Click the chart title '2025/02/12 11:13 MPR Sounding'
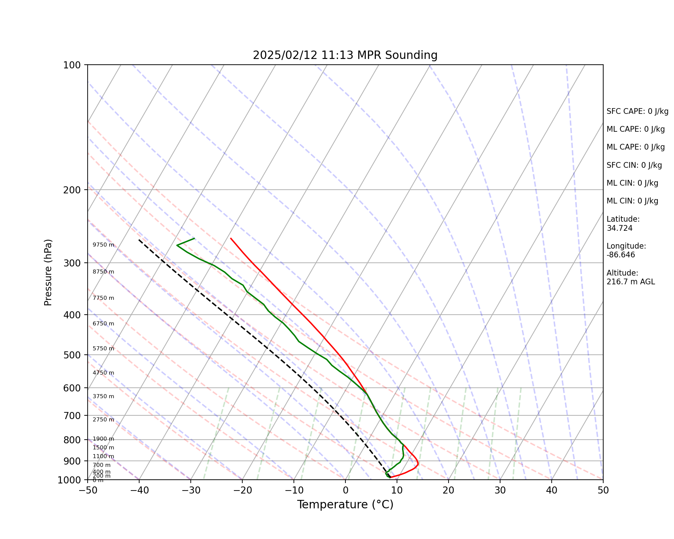click(345, 55)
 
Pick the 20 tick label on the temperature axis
click(448, 490)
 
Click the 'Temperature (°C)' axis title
click(345, 505)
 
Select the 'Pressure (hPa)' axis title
click(48, 272)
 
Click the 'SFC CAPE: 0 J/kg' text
click(637, 112)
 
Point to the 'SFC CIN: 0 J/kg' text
click(634, 165)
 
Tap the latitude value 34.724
click(619, 228)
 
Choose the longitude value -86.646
click(621, 255)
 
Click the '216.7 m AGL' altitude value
click(631, 282)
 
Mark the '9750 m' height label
click(103, 245)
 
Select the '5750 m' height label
click(103, 349)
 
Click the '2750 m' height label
click(103, 420)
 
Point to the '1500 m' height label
click(103, 448)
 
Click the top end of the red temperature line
click(231, 238)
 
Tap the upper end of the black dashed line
click(139, 240)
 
